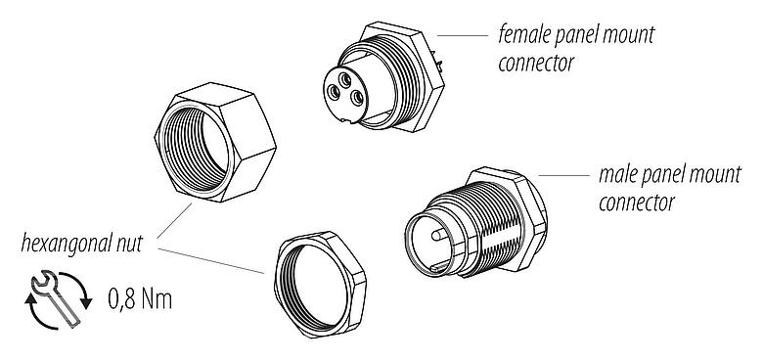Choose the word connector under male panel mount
pos(637,204)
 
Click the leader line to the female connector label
pos(464,35)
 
